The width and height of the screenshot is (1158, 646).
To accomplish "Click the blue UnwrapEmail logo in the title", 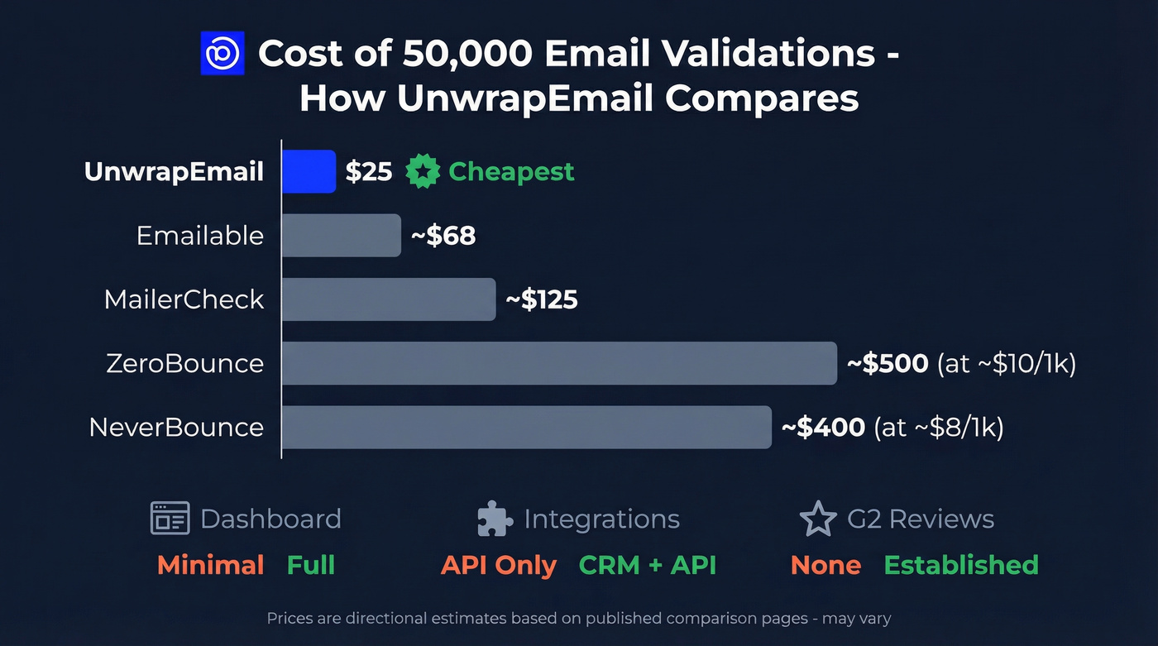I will tap(223, 53).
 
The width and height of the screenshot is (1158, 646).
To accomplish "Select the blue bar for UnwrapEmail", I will tap(309, 171).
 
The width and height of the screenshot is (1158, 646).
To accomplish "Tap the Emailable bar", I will tap(341, 236).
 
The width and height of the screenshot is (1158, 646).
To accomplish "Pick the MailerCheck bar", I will tap(388, 299).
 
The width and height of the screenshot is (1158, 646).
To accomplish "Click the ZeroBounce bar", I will tap(559, 363).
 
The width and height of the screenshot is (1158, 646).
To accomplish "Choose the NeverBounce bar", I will tap(526, 427).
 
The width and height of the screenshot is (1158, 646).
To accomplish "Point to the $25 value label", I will tap(369, 172).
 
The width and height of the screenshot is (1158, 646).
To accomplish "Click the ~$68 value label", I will tap(443, 236).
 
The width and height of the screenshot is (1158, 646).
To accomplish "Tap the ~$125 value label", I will tap(542, 299).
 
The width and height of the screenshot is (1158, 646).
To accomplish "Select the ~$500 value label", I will tap(888, 363).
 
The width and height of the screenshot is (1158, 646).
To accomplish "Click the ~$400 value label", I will tap(824, 427).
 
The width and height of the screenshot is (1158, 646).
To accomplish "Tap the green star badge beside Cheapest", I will tap(422, 172).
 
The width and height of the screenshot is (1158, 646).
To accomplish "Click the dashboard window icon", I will tap(170, 519).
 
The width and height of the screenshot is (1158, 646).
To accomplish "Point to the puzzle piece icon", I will tap(495, 519).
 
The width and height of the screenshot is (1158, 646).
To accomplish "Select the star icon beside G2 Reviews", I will tap(818, 519).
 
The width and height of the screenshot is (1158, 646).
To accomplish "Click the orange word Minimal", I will tap(210, 565).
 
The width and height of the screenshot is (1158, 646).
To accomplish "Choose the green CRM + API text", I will tap(648, 565).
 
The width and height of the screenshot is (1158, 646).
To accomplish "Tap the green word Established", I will tap(961, 565).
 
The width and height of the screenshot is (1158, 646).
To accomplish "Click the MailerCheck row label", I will tap(184, 299).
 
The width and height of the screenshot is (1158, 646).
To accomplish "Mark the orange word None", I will tap(825, 565).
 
